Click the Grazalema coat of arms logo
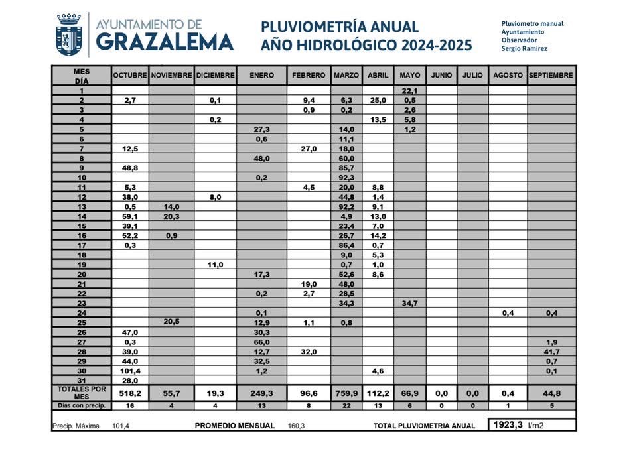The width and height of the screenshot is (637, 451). coord(68,34)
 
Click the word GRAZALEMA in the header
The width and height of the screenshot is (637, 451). coord(165,42)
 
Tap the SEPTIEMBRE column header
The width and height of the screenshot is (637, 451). coord(551,76)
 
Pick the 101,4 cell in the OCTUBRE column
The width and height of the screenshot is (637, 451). coord(129,370)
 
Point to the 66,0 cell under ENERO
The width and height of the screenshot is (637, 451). coord(261,341)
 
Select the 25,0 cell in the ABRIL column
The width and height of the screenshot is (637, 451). coord(378,100)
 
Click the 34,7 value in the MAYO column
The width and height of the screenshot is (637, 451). coord(409,302)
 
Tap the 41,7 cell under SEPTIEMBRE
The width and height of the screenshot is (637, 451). coord(551,351)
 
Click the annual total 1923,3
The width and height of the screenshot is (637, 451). coord(508,425)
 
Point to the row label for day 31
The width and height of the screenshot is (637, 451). coord(81,380)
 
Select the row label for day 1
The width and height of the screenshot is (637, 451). coord(81,91)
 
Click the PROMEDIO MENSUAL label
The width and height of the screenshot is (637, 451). coord(234,426)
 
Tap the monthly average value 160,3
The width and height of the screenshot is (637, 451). coord(296,426)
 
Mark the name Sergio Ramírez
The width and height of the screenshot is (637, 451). coord(524,48)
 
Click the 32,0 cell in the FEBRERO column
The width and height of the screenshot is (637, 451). coord(309,351)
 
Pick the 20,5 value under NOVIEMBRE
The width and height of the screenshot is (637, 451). coord(171,322)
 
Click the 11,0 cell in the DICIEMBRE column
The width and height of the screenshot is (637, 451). coord(215,264)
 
